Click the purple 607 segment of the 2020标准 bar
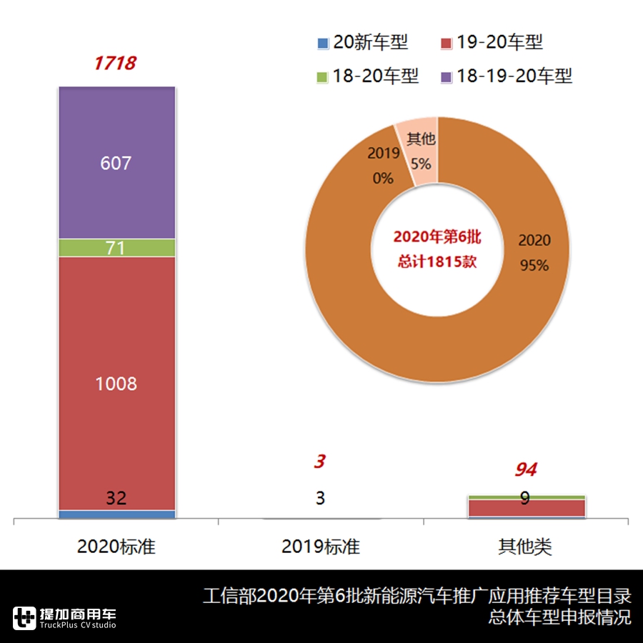[116, 163]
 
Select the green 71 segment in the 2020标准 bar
[116, 248]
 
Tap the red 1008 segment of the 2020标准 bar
[116, 383]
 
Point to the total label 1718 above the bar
[115, 64]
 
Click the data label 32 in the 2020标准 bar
[116, 499]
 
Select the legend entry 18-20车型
[367, 76]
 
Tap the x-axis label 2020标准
[116, 547]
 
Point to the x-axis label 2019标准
[321, 547]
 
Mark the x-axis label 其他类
[525, 547]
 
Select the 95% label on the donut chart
[534, 266]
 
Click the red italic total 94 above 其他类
[526, 470]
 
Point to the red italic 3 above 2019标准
[320, 462]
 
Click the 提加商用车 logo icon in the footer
[25, 617]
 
